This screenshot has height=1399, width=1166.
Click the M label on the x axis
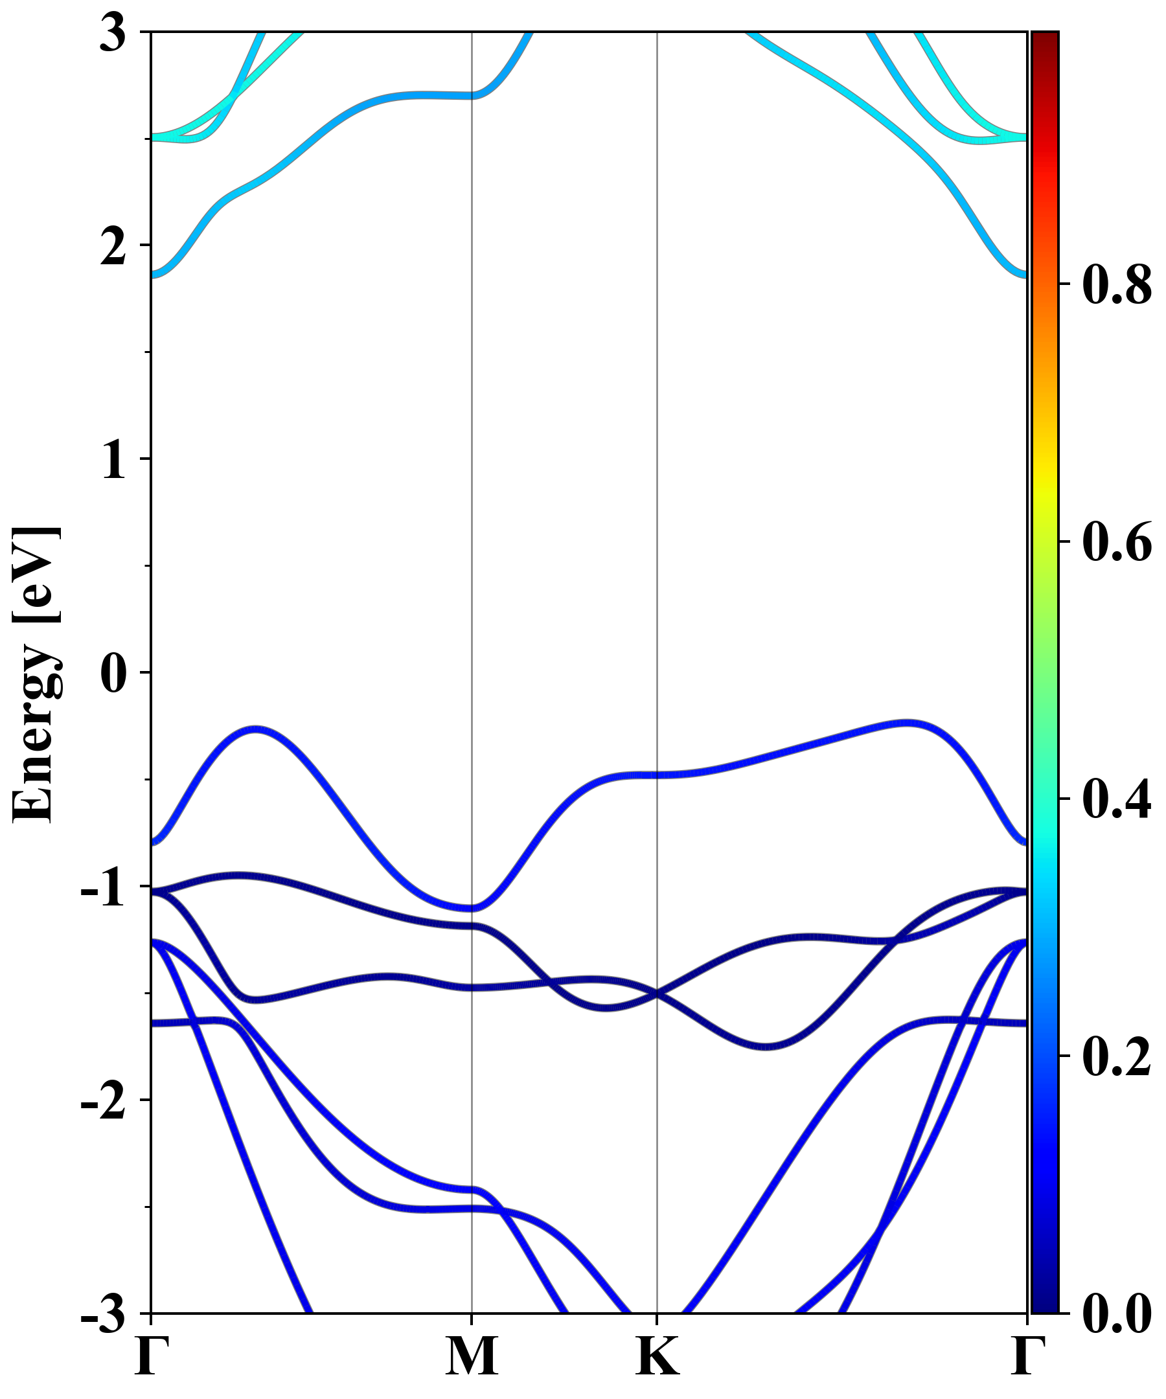472,1356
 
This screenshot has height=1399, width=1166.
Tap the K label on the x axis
657,1356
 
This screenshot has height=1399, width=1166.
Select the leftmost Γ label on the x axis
150,1356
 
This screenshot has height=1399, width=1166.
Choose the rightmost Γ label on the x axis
1027,1356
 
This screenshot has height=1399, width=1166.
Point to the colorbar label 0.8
1117,284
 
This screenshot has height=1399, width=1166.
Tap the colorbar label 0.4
1117,799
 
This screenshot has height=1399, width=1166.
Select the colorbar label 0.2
1117,1056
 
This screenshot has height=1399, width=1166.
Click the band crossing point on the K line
657,994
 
